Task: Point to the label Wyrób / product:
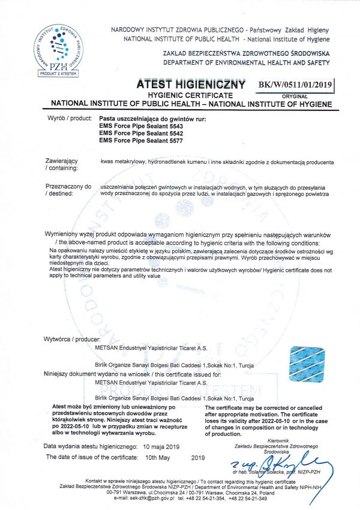coord(68,119)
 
